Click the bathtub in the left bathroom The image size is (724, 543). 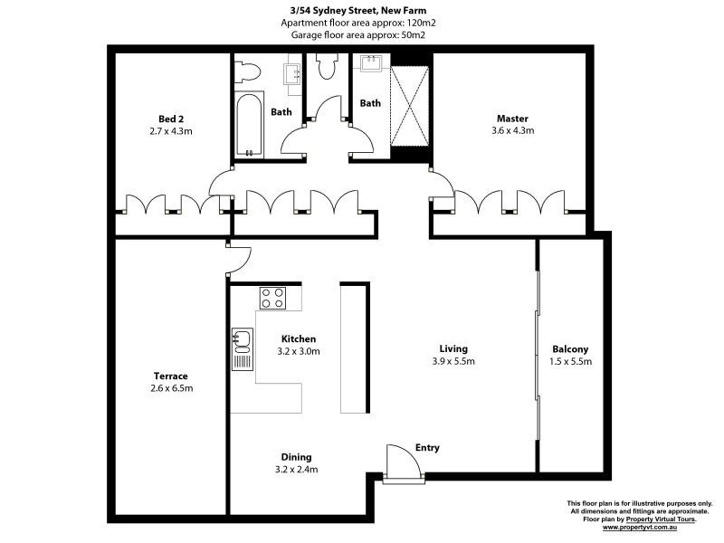(248, 124)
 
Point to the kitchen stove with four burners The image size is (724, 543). (272, 297)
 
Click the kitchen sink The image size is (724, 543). (241, 341)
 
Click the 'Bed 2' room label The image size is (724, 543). (171, 119)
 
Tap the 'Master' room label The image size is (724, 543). (511, 119)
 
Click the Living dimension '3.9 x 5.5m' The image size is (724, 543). (453, 361)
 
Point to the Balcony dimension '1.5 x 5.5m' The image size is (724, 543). (570, 361)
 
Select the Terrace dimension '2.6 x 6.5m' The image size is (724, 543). (171, 388)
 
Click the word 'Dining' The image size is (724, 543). (296, 457)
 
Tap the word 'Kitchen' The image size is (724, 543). (298, 339)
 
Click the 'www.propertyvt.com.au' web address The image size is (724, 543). (648, 526)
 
